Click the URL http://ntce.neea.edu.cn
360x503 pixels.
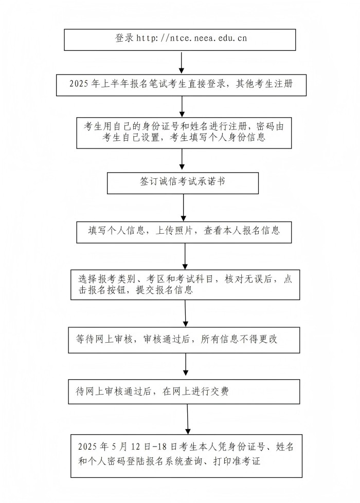coord(192,38)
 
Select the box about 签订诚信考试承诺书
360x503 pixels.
coord(183,183)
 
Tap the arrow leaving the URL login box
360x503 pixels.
coord(182,62)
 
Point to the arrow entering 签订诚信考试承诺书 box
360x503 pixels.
coord(182,159)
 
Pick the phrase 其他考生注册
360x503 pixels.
coord(264,84)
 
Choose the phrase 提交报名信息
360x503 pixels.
coord(165,290)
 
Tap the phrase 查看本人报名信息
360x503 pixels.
coord(242,231)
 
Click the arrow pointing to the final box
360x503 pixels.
coord(188,419)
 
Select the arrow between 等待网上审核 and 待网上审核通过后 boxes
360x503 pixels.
coord(186,364)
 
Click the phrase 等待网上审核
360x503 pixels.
coord(104,339)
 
